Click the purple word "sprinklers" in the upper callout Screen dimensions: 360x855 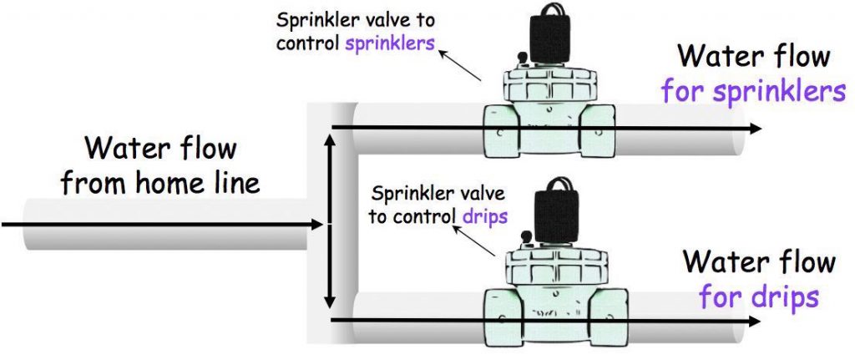[x=390, y=43]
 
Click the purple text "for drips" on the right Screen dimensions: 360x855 [x=758, y=296]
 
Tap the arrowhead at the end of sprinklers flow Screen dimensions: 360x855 [x=755, y=128]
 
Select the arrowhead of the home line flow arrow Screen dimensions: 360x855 [x=316, y=224]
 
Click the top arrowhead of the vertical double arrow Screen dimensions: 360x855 [x=331, y=142]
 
